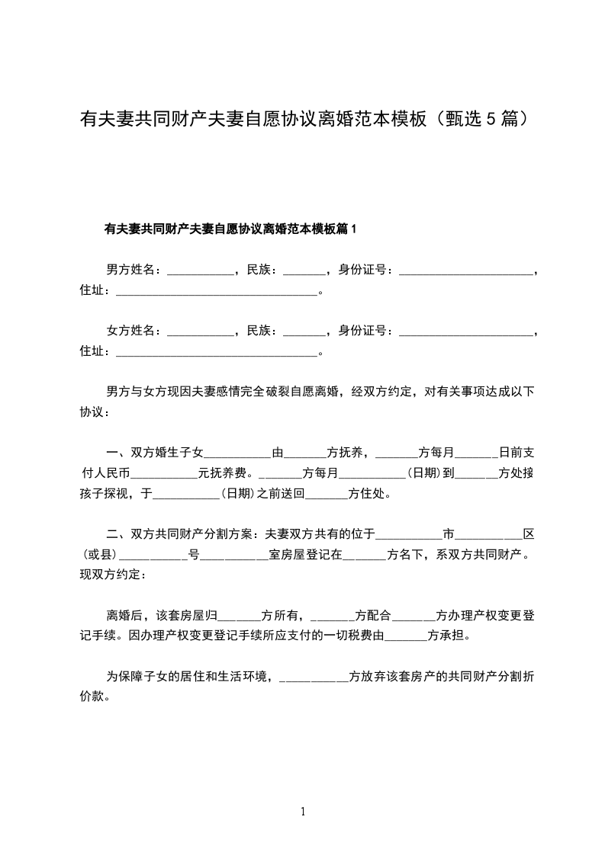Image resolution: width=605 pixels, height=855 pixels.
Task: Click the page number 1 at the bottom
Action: coord(303,812)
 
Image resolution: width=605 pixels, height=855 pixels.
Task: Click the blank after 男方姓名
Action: coord(199,270)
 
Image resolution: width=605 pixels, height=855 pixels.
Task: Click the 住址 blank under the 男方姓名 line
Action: coord(214,290)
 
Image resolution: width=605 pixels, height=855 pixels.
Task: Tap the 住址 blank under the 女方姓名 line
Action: coord(214,351)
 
